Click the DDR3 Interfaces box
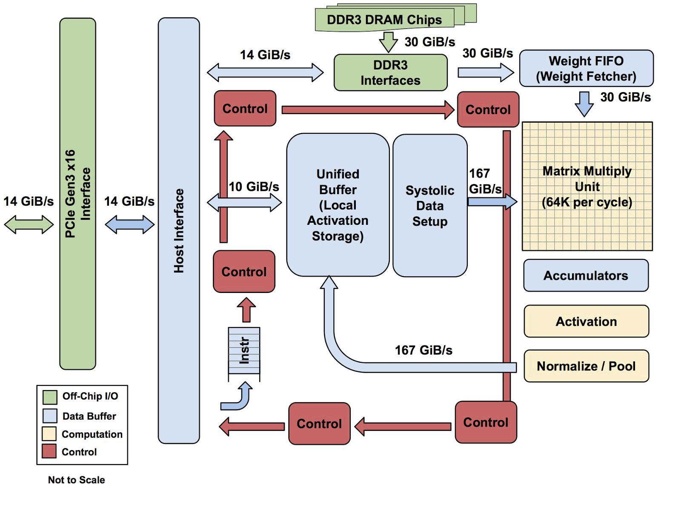[x=390, y=72]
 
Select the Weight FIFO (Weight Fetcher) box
[x=586, y=69]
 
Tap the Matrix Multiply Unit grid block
[x=587, y=187]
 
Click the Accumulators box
[x=586, y=276]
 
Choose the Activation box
[x=586, y=322]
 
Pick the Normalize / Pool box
[x=586, y=366]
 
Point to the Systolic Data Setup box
[x=430, y=206]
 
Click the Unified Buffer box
[x=338, y=205]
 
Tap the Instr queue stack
[x=244, y=351]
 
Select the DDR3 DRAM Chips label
[x=384, y=20]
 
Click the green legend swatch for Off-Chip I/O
[x=50, y=397]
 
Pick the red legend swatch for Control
[x=49, y=451]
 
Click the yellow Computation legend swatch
[x=49, y=433]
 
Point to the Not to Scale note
[x=76, y=480]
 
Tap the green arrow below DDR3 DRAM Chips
[x=388, y=42]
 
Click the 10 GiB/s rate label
[x=254, y=187]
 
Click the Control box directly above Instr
[x=244, y=272]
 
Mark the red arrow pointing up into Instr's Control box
[x=246, y=310]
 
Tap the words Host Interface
[x=179, y=230]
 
